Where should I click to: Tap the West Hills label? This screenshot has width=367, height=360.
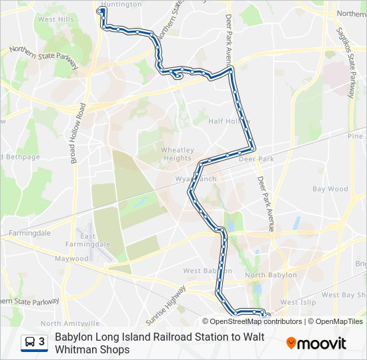coord(56,19)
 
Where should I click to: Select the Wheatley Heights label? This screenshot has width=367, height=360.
coord(176,154)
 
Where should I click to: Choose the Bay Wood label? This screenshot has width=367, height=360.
coord(330,189)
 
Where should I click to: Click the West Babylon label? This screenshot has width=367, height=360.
coord(208,271)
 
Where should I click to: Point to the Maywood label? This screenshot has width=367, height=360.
coord(71,259)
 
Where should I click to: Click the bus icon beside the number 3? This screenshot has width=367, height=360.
coord(29,342)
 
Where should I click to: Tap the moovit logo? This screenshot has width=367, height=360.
coord(316,343)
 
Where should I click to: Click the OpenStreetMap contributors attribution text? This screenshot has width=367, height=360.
coord(255,321)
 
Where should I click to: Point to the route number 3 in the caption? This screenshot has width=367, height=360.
coord(42,342)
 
